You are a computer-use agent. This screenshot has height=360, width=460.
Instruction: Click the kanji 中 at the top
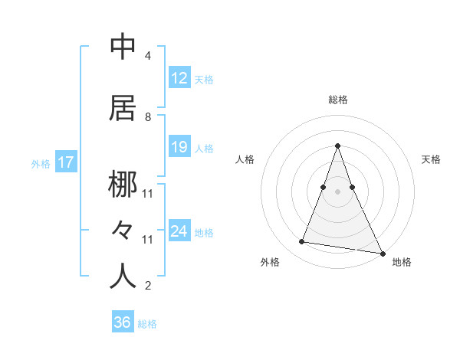[x=123, y=47]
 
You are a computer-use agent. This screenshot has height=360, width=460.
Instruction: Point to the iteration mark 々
[x=123, y=230]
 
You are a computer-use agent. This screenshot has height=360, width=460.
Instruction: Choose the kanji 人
[x=123, y=277]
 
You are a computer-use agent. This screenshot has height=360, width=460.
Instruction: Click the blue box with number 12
[x=179, y=78]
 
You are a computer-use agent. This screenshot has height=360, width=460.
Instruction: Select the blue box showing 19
[x=179, y=147]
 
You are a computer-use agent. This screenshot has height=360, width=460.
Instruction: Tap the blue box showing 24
[x=179, y=231]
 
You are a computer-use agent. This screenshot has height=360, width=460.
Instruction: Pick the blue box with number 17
[x=65, y=162]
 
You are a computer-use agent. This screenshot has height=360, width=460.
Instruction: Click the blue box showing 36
[x=122, y=322]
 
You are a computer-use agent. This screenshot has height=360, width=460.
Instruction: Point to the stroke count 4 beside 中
[x=147, y=56]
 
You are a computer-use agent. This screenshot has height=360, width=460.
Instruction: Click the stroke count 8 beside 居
[x=147, y=117]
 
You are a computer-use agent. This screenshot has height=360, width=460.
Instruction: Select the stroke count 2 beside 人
[x=147, y=286]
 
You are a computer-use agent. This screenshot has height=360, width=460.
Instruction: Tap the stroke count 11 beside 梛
[x=147, y=194]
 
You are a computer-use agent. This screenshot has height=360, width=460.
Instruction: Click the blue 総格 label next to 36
[x=147, y=324]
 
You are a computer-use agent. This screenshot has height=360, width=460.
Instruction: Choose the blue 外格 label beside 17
[x=41, y=163]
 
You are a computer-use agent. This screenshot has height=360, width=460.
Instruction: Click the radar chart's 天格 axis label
[x=431, y=159]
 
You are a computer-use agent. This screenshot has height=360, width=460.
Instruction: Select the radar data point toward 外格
[x=302, y=242]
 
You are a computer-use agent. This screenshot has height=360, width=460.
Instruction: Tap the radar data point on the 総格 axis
[x=337, y=146]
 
